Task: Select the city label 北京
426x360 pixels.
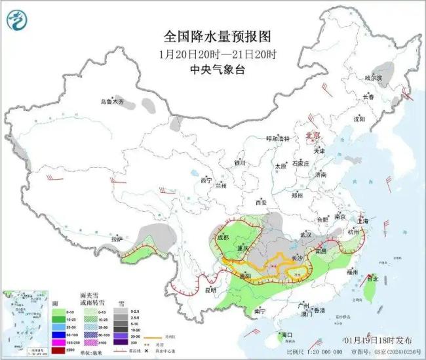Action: coord(312,136)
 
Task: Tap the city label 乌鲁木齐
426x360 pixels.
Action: coord(111,102)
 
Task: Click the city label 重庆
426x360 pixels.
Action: coord(244,249)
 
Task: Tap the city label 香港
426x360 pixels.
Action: coord(319,310)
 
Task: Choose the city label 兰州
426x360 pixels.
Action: coord(220,186)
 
